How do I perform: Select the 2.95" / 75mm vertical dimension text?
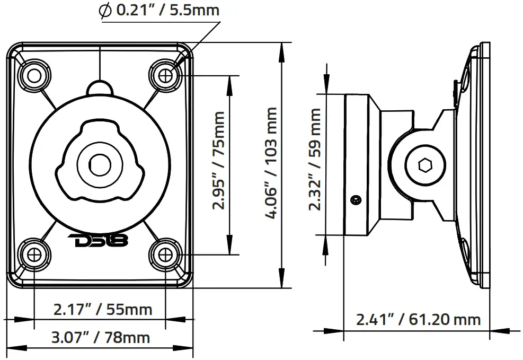point(218,160)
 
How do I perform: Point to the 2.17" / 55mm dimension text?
point(102,309)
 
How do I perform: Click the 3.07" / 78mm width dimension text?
point(101,337)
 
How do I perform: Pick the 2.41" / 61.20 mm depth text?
point(418,319)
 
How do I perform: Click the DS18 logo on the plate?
point(98,241)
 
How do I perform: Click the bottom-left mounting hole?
point(34,254)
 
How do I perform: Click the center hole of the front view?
point(98,164)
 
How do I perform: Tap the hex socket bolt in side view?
point(424,165)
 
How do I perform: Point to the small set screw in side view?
point(355,200)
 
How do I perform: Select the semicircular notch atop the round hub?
point(100,87)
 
